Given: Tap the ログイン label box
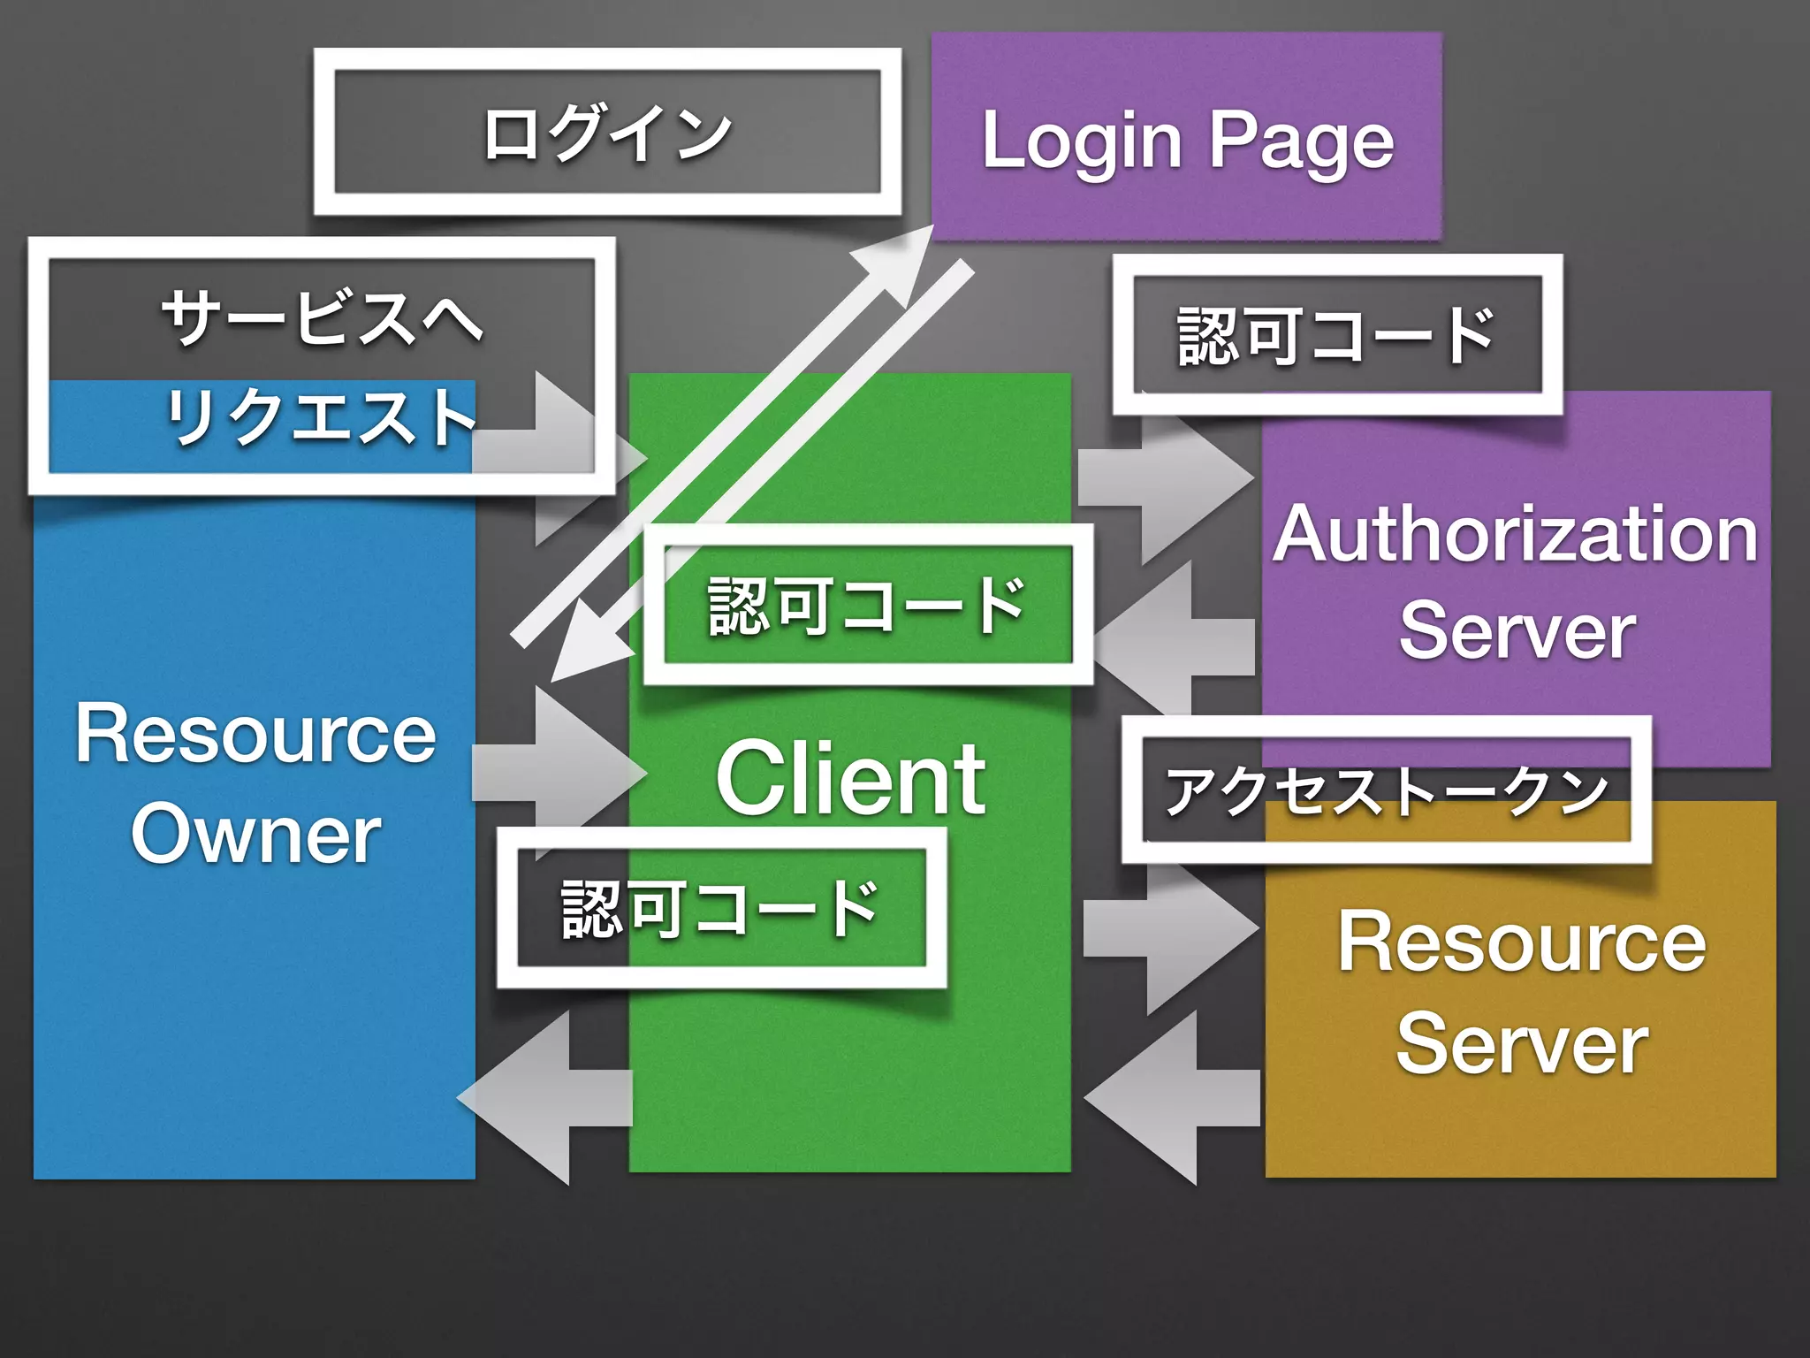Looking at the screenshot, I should point(607,133).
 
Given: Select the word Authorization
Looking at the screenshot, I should point(1515,535).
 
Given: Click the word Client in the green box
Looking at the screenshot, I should point(850,779).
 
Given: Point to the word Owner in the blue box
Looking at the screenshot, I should point(255,835).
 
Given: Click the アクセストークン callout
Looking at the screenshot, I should point(1385,790).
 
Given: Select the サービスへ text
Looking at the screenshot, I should point(322,318).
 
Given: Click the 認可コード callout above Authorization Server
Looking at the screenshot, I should point(1336,335).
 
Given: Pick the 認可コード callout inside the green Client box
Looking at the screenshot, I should point(867,605).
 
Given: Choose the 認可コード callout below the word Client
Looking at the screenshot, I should point(720,908).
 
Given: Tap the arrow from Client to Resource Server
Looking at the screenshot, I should point(1171,928).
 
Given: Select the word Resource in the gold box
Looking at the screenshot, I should point(1521,942).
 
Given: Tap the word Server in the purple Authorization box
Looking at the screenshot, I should point(1517,631).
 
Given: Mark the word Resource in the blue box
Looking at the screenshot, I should point(255,734).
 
